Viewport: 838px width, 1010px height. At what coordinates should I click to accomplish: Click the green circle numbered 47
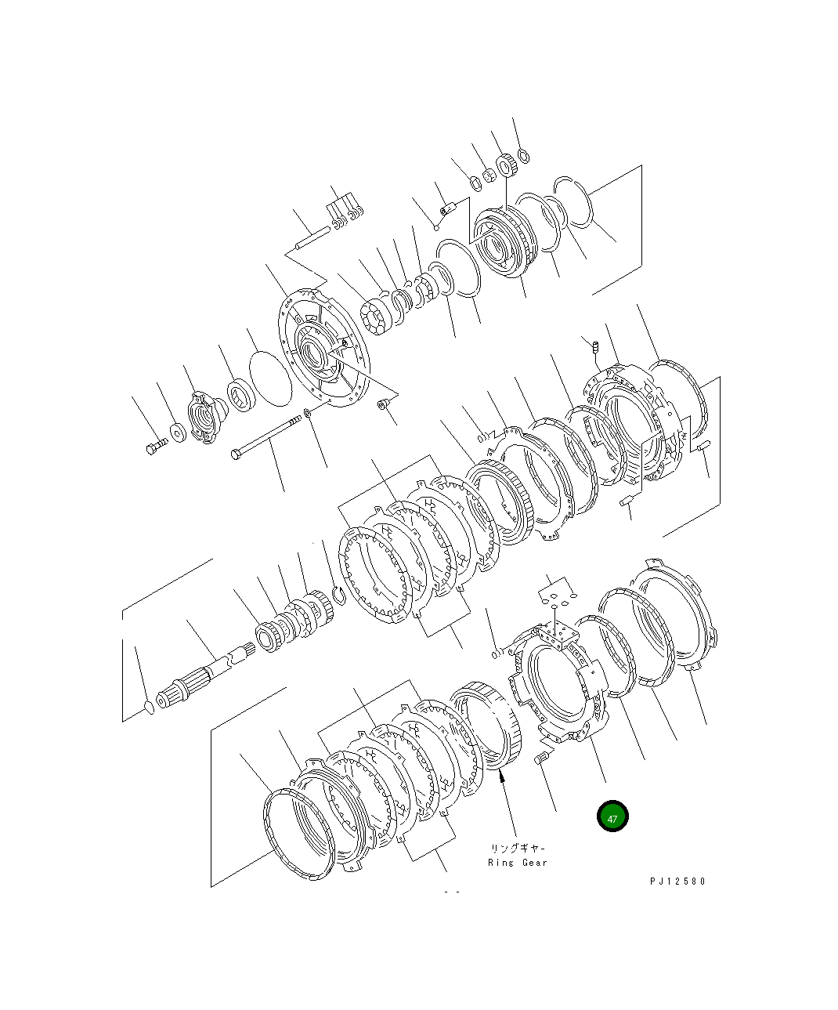point(612,816)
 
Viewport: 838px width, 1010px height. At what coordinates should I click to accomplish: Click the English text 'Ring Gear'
point(518,863)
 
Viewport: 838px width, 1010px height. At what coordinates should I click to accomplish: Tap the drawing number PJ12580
point(677,881)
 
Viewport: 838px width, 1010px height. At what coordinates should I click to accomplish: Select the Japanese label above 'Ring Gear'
point(518,849)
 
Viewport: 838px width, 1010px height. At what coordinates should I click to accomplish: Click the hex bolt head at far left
point(151,450)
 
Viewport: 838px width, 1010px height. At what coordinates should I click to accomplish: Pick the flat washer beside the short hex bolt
point(178,433)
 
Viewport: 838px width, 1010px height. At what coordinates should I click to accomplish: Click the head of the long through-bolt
point(236,454)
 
